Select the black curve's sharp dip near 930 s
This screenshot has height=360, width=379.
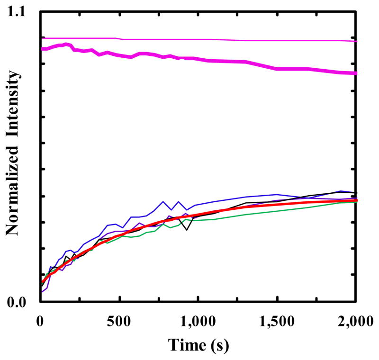pyautogui.click(x=187, y=230)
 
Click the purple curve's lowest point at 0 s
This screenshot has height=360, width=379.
pyautogui.click(x=41, y=292)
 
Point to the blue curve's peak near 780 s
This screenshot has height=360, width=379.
pyautogui.click(x=163, y=201)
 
